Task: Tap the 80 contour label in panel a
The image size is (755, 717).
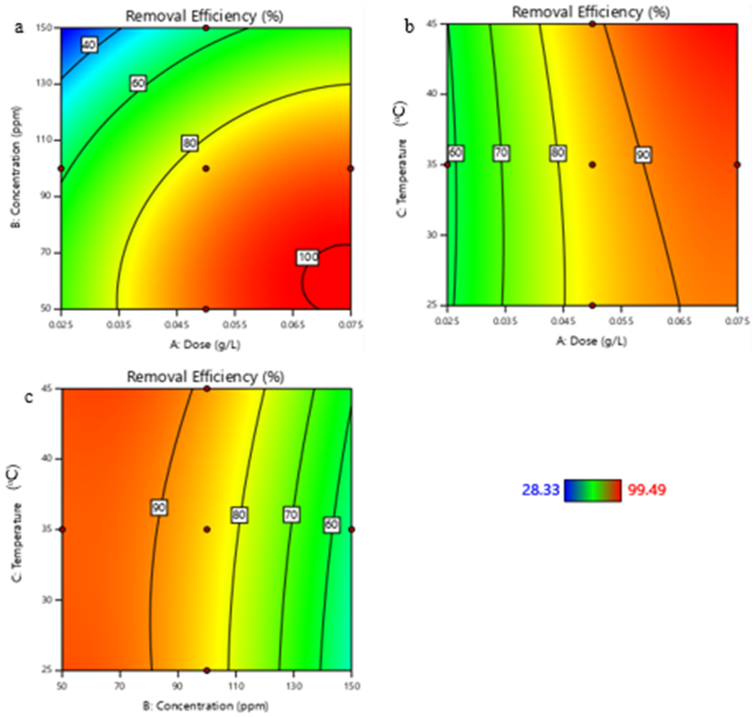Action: tap(190, 144)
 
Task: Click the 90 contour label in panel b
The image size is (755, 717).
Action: tap(643, 155)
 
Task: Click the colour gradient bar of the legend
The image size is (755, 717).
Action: tap(592, 490)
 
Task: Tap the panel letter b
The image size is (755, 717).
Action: tap(410, 27)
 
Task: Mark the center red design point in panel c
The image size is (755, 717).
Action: tap(207, 529)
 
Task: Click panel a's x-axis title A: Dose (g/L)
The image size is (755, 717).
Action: tap(206, 345)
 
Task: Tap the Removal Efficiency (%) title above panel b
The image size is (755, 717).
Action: tap(591, 12)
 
